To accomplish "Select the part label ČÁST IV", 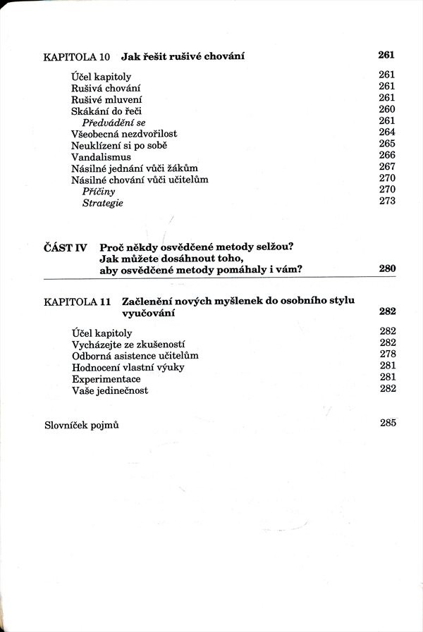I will (x=65, y=247).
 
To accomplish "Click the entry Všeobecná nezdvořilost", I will (x=124, y=134).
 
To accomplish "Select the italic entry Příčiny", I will (x=99, y=191).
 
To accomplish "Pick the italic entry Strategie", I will (x=103, y=203).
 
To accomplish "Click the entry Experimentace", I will (x=106, y=379).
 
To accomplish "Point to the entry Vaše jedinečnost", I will (x=110, y=390).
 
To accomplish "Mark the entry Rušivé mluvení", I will (x=106, y=99).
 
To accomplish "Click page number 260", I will (x=387, y=110).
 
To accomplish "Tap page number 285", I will (x=387, y=423).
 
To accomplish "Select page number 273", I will (x=387, y=202).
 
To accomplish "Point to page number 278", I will (x=387, y=354).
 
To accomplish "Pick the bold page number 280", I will (x=387, y=268).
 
